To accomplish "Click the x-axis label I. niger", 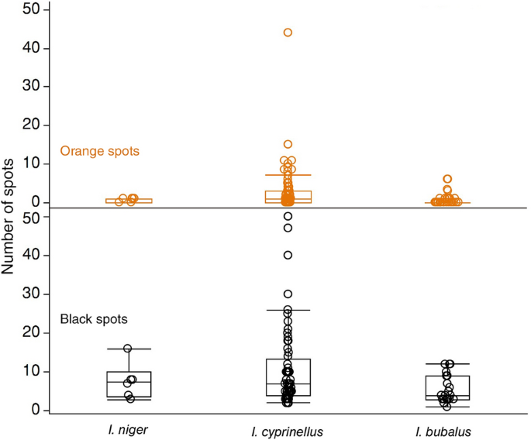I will click(x=129, y=428).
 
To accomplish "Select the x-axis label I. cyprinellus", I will click(x=288, y=428).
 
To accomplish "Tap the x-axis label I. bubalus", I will click(x=447, y=428).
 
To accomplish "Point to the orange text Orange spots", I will click(x=99, y=151).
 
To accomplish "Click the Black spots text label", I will click(x=94, y=319).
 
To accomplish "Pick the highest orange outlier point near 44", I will click(x=288, y=33).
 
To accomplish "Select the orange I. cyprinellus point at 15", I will click(x=288, y=144).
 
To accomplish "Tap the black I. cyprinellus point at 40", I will click(x=288, y=255).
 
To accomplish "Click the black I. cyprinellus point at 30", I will click(x=288, y=294).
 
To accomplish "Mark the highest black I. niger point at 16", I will click(x=129, y=349).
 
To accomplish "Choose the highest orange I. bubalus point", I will click(x=447, y=179).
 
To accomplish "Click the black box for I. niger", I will click(x=129, y=385).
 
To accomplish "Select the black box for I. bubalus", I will click(x=447, y=388).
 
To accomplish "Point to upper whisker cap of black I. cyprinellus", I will click(x=288, y=310).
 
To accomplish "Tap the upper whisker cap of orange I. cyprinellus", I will click(x=288, y=175).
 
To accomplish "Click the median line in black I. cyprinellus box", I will click(x=288, y=383).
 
